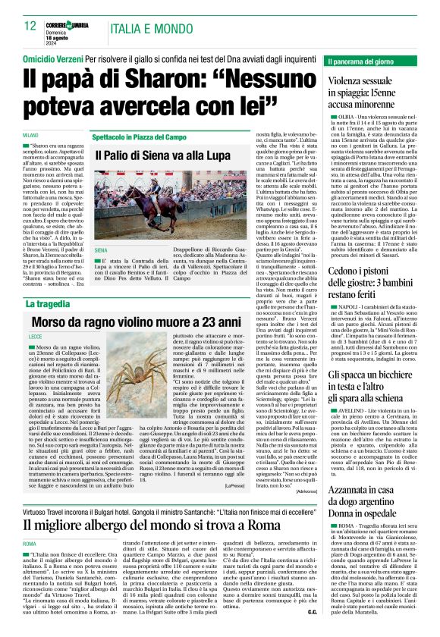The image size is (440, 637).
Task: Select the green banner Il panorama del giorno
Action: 363,61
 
